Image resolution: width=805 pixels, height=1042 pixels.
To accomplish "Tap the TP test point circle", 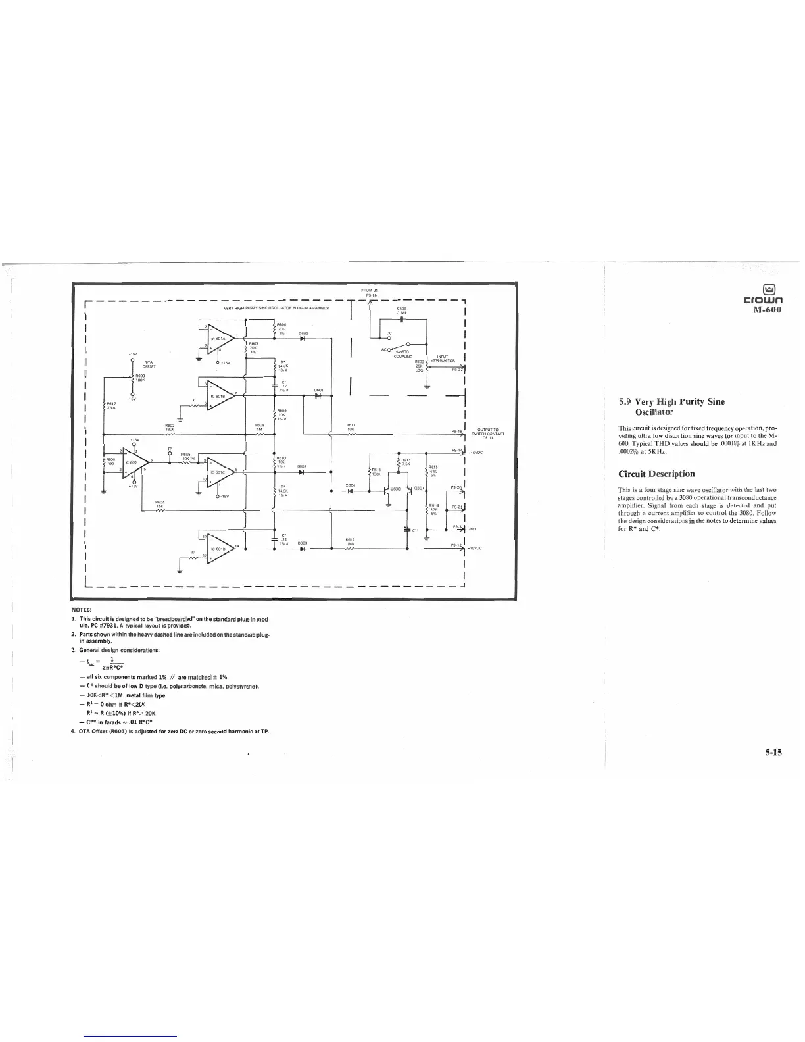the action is (x=170, y=452).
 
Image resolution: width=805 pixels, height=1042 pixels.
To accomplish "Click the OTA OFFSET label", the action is (x=149, y=364).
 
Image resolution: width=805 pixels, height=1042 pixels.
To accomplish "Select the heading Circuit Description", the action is (x=657, y=474).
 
